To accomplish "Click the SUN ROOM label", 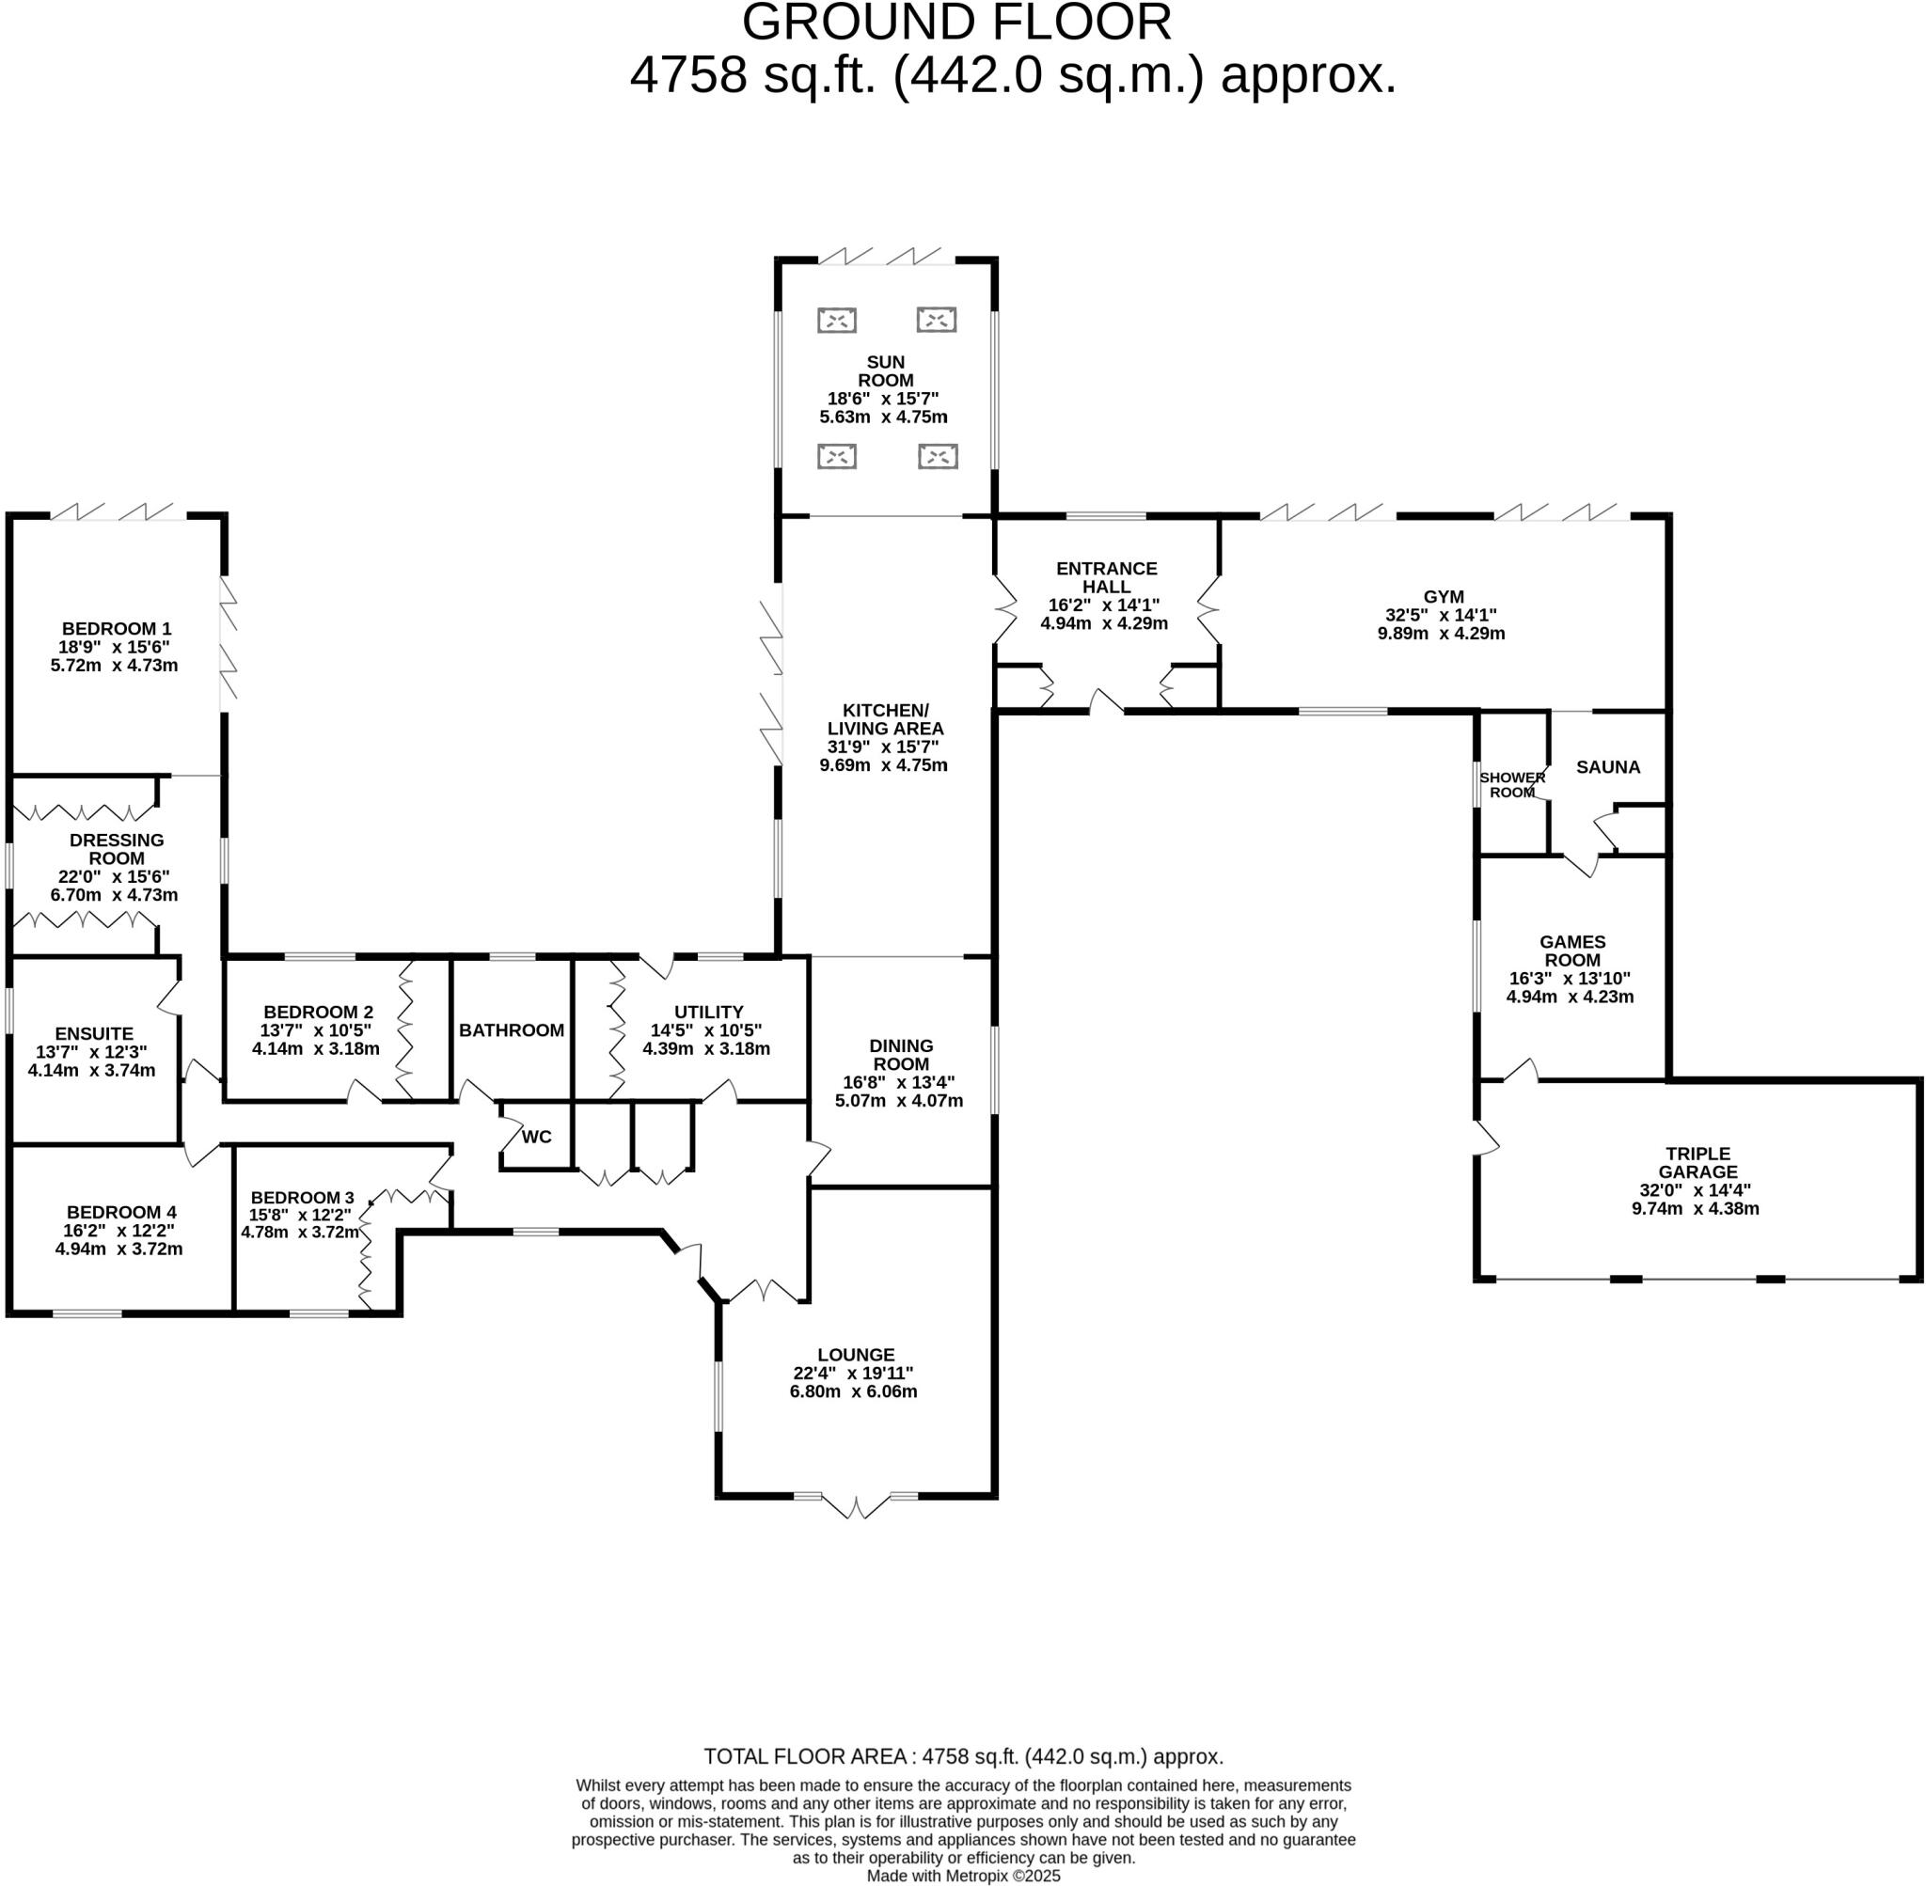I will click(885, 371).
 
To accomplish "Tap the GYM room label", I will click(1443, 597).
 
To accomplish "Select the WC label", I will click(536, 1136).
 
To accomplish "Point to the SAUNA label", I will click(1607, 766).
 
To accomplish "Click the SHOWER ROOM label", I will click(1512, 784).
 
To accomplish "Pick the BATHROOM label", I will click(512, 1030).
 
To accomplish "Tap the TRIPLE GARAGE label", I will click(1697, 1163).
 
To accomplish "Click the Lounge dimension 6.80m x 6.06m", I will click(853, 1391).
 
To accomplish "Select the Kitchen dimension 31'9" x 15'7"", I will click(883, 747).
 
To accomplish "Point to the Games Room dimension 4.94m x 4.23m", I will click(1570, 997).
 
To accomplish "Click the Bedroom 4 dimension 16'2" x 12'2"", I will click(118, 1231).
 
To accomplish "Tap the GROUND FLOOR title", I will click(956, 23).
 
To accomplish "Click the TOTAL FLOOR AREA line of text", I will click(963, 1756).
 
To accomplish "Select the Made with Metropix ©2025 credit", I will click(963, 1875).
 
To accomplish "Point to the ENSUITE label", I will click(94, 1033).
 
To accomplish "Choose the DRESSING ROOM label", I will click(117, 849).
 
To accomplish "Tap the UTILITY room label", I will click(708, 1012).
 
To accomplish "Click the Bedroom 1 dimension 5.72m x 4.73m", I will click(114, 666).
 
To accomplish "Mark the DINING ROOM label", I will click(901, 1054).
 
